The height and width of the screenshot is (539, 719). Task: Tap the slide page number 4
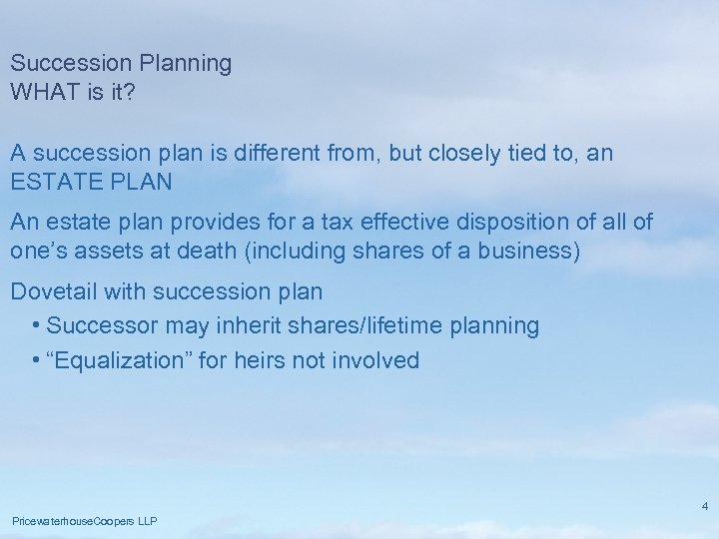pyautogui.click(x=705, y=506)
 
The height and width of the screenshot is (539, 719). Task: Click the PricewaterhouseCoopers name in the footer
pyautogui.click(x=69, y=521)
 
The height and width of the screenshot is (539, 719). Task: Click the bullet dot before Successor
pyautogui.click(x=36, y=326)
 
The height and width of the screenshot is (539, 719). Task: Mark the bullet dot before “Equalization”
pyautogui.click(x=36, y=360)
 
